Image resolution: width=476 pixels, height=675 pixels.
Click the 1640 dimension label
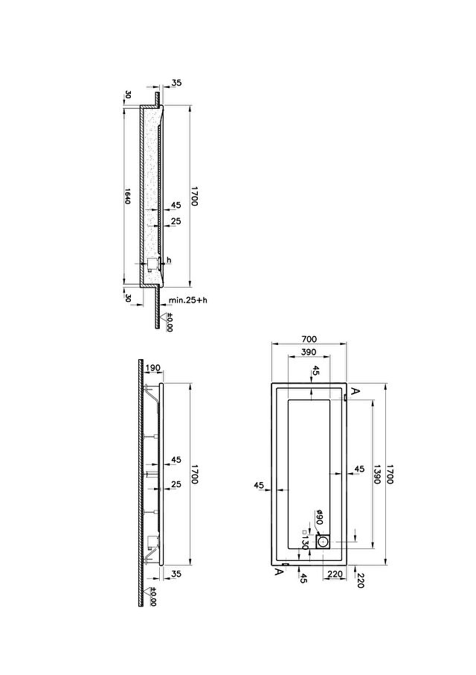coord(128,196)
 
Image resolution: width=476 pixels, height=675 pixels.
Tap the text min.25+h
coord(187,300)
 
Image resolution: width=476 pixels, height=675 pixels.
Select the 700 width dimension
coord(309,339)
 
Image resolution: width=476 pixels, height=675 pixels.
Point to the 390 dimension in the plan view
coord(309,352)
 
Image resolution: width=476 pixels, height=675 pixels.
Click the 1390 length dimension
coord(377,474)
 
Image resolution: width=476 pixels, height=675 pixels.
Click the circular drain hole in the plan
coord(323,541)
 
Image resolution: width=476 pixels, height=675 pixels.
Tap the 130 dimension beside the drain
coord(306,542)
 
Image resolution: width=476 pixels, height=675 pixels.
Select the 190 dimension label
coord(153,367)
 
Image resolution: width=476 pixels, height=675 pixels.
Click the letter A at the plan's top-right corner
coord(355,391)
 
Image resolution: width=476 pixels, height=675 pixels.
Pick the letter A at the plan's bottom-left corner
coord(279,571)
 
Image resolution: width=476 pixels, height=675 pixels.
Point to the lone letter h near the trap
coord(170,259)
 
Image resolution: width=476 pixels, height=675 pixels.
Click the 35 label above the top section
coord(176,83)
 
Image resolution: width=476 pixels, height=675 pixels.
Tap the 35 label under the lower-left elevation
coord(176,574)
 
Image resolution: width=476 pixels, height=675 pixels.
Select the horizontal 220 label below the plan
coord(335,574)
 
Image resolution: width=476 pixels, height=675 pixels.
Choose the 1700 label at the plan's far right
coord(390,474)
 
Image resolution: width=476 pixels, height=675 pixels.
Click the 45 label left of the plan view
coord(258,485)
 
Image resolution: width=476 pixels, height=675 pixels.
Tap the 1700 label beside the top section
coord(194,196)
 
